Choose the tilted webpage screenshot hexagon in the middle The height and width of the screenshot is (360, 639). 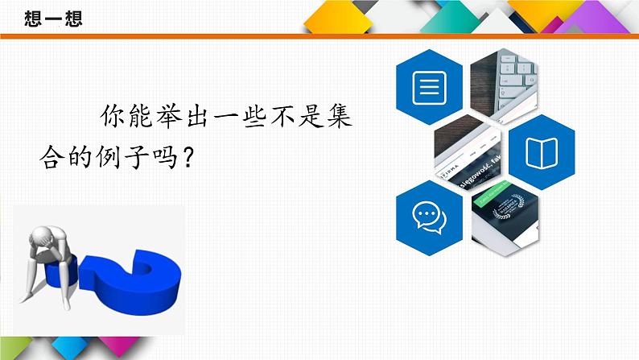tap(470, 151)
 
